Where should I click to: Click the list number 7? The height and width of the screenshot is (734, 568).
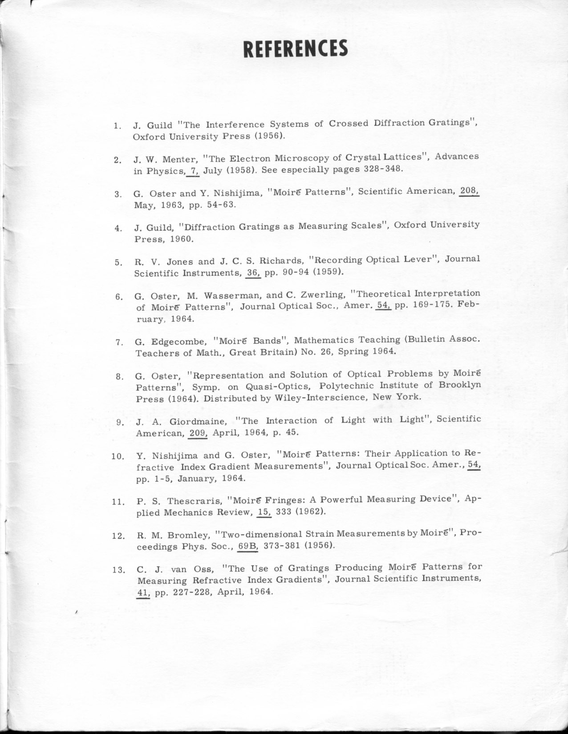(x=119, y=342)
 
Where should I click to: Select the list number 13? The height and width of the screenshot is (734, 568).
(x=118, y=570)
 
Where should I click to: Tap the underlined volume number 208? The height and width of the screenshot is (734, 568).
(x=469, y=191)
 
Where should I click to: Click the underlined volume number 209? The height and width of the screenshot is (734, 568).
(x=198, y=432)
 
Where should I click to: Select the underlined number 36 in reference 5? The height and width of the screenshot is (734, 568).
(x=253, y=272)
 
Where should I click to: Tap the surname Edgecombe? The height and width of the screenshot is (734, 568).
(x=179, y=342)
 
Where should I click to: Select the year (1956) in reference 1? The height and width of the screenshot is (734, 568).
(x=269, y=136)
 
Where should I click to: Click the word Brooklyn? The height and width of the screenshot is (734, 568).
(x=459, y=385)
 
